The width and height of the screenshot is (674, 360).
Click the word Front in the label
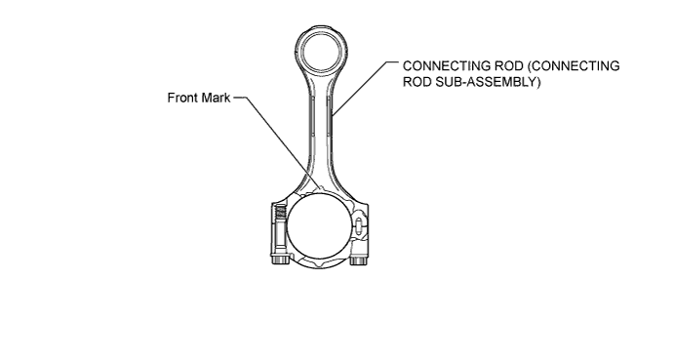pos(184,98)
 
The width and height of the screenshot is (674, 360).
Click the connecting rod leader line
pos(365,88)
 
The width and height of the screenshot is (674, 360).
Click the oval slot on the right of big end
pos(360,226)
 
